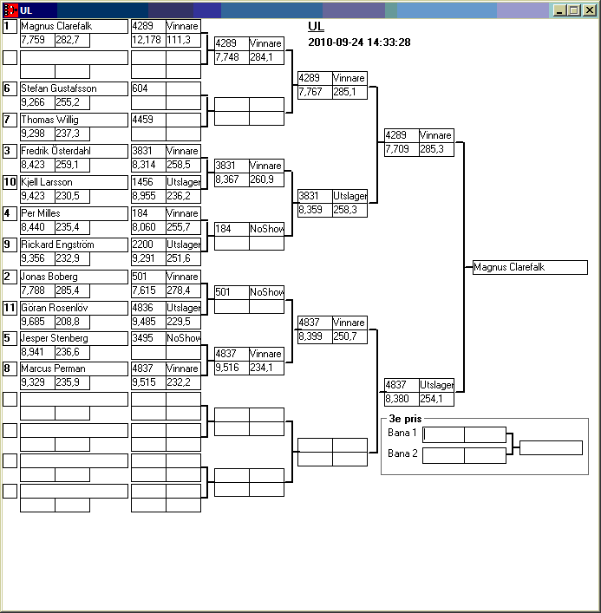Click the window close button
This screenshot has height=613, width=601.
(x=588, y=10)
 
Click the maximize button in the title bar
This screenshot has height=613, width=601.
(x=574, y=10)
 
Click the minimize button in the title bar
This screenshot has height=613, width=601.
(x=560, y=10)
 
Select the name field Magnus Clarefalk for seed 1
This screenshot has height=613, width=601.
(x=74, y=26)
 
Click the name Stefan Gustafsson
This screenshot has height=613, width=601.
(x=74, y=88)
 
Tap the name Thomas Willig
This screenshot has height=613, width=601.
(x=74, y=120)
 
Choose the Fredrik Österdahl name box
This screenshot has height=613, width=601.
(x=74, y=151)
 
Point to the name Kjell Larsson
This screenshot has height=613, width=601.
(x=74, y=182)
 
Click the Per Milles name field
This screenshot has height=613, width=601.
(x=74, y=213)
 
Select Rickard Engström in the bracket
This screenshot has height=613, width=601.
(x=74, y=245)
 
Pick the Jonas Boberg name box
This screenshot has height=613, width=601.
(x=74, y=277)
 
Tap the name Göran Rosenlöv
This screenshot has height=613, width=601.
(x=74, y=308)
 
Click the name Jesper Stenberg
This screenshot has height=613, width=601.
(x=74, y=338)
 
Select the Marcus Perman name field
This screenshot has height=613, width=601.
(x=74, y=368)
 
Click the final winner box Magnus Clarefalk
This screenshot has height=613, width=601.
(x=530, y=267)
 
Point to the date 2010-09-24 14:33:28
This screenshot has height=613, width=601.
(x=359, y=42)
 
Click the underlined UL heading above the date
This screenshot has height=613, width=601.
(x=316, y=27)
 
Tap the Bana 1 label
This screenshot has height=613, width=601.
(x=402, y=432)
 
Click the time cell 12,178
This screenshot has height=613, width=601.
(x=147, y=40)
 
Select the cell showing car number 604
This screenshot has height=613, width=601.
(x=147, y=88)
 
